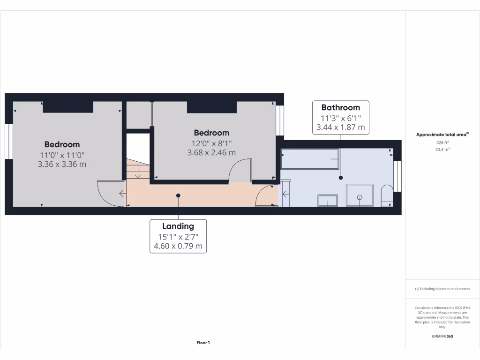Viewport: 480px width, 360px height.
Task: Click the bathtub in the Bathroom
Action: click(x=309, y=159)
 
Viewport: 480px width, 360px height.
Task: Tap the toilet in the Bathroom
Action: click(x=387, y=196)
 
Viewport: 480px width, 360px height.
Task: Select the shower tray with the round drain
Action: click(x=360, y=195)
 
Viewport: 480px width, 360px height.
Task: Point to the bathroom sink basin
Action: click(x=328, y=200)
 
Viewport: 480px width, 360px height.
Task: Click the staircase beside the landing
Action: click(x=137, y=169)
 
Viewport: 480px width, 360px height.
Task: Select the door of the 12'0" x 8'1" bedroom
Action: click(x=240, y=170)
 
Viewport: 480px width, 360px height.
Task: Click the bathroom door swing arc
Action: click(x=266, y=195)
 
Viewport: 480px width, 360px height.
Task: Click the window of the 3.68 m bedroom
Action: click(x=280, y=120)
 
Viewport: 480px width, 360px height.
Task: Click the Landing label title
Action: click(x=178, y=226)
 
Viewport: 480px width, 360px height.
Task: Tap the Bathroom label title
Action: click(x=340, y=108)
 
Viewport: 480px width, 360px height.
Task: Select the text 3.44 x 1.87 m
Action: click(x=340, y=127)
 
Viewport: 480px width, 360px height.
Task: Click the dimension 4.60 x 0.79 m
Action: click(x=178, y=246)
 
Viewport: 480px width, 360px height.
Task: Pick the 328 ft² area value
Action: click(x=442, y=142)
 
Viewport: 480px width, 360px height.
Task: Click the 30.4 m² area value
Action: click(x=442, y=150)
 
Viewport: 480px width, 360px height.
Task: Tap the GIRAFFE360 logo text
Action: click(x=442, y=337)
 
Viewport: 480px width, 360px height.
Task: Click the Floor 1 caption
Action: click(x=203, y=343)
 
